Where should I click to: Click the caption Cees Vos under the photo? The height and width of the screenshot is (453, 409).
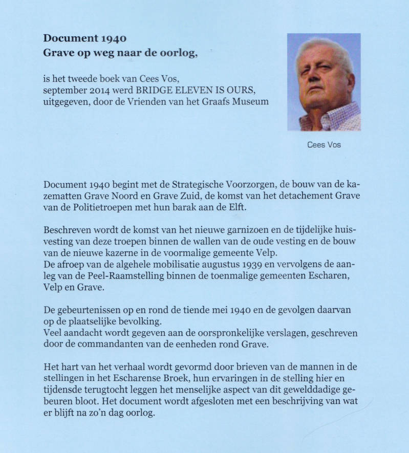pyautogui.click(x=324, y=145)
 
